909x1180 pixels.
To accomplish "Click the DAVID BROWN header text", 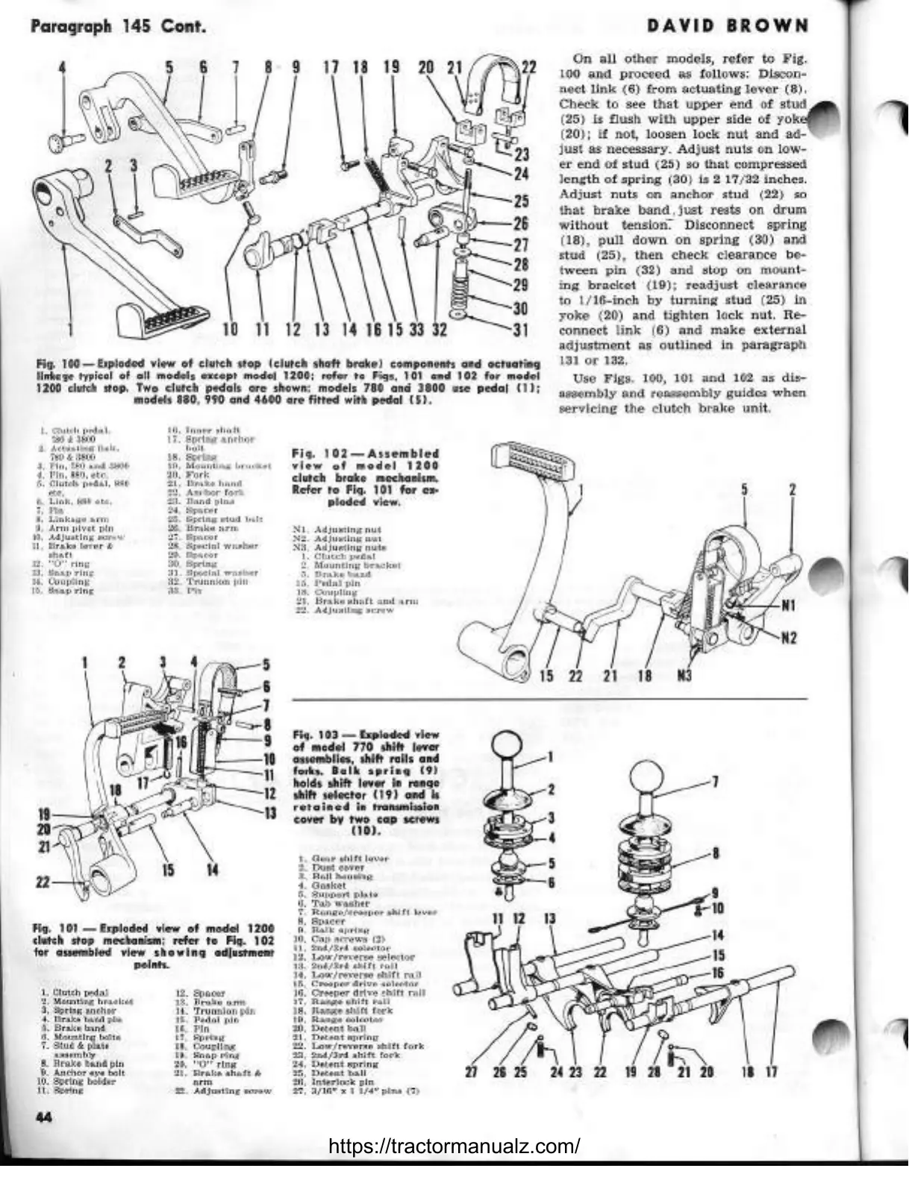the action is pos(727,27).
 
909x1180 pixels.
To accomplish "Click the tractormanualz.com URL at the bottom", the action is pos(454,1146).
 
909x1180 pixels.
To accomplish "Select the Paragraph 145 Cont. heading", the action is pos(118,28).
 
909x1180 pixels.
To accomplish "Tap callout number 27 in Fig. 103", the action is pos(471,1073).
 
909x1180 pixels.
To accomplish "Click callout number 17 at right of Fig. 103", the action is pos(772,1073).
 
